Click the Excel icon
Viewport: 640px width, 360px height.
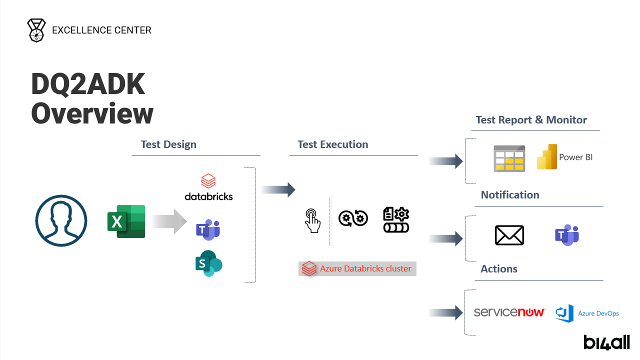pos(126,221)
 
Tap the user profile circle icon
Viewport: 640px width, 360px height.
pos(61,221)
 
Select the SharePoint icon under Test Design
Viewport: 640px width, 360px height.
pos(208,263)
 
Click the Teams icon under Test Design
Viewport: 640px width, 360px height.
pos(208,230)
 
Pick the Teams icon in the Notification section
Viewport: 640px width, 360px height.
pos(566,235)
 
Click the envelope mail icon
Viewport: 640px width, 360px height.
pos(509,235)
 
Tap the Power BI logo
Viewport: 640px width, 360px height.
pos(547,157)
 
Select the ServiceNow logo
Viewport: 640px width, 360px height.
pos(509,312)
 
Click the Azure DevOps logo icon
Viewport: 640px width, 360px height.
pos(564,313)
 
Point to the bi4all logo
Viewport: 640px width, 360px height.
pos(606,342)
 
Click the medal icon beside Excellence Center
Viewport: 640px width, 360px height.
pos(36,30)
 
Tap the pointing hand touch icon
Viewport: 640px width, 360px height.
pos(312,220)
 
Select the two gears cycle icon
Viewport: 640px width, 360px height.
pos(353,218)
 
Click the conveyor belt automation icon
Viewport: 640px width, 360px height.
pos(396,220)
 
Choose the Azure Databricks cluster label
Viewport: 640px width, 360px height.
pos(357,268)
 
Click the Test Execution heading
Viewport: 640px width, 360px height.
pos(332,144)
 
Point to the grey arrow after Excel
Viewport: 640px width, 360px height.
pos(169,221)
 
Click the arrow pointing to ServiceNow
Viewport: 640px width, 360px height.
pos(445,313)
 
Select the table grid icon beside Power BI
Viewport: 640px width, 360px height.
pos(509,158)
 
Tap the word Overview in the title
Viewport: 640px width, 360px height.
pos(92,113)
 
